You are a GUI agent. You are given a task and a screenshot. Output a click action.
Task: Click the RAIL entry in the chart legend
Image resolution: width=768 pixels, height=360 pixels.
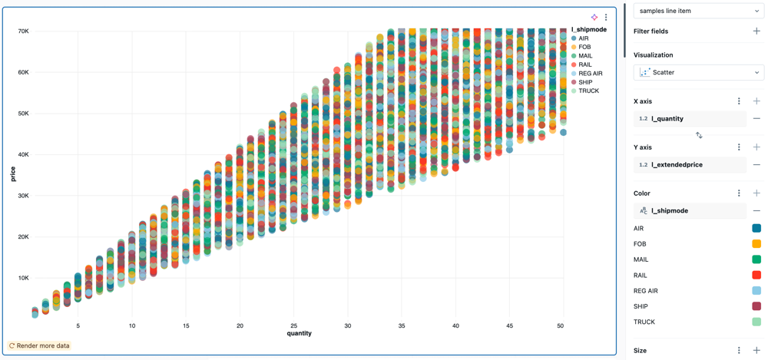click(584, 64)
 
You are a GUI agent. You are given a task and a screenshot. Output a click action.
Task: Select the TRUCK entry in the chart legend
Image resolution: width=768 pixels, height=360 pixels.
click(588, 91)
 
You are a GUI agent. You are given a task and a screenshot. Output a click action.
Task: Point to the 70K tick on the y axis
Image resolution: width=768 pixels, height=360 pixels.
click(23, 31)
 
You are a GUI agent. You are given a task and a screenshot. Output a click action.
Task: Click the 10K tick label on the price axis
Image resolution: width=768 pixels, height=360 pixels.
click(23, 278)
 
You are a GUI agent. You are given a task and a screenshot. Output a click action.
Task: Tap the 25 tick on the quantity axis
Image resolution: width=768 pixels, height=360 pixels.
click(293, 325)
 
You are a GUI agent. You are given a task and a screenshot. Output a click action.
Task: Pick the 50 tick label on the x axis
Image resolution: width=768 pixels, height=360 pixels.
click(561, 325)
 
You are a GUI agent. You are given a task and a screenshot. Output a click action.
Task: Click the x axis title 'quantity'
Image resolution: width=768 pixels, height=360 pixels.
click(300, 333)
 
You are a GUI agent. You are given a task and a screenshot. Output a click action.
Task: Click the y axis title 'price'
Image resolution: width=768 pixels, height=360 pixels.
click(13, 174)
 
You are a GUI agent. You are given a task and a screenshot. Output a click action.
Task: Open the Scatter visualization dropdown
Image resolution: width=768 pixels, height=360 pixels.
click(698, 72)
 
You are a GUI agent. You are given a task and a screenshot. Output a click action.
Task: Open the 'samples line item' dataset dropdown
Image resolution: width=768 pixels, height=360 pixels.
click(698, 11)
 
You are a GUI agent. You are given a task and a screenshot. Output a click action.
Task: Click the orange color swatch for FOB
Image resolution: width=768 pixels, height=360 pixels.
click(756, 244)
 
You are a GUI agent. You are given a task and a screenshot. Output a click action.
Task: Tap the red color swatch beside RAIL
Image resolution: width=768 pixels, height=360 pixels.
click(756, 275)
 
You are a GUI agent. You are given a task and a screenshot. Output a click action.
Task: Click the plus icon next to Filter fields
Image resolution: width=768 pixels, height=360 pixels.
click(756, 31)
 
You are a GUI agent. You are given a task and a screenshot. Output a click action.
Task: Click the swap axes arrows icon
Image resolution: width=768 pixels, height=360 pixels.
click(699, 135)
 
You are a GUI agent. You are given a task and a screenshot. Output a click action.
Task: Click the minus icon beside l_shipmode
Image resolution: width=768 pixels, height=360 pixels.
click(756, 211)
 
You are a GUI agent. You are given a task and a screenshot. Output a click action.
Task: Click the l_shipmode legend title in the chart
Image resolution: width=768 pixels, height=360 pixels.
click(589, 29)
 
